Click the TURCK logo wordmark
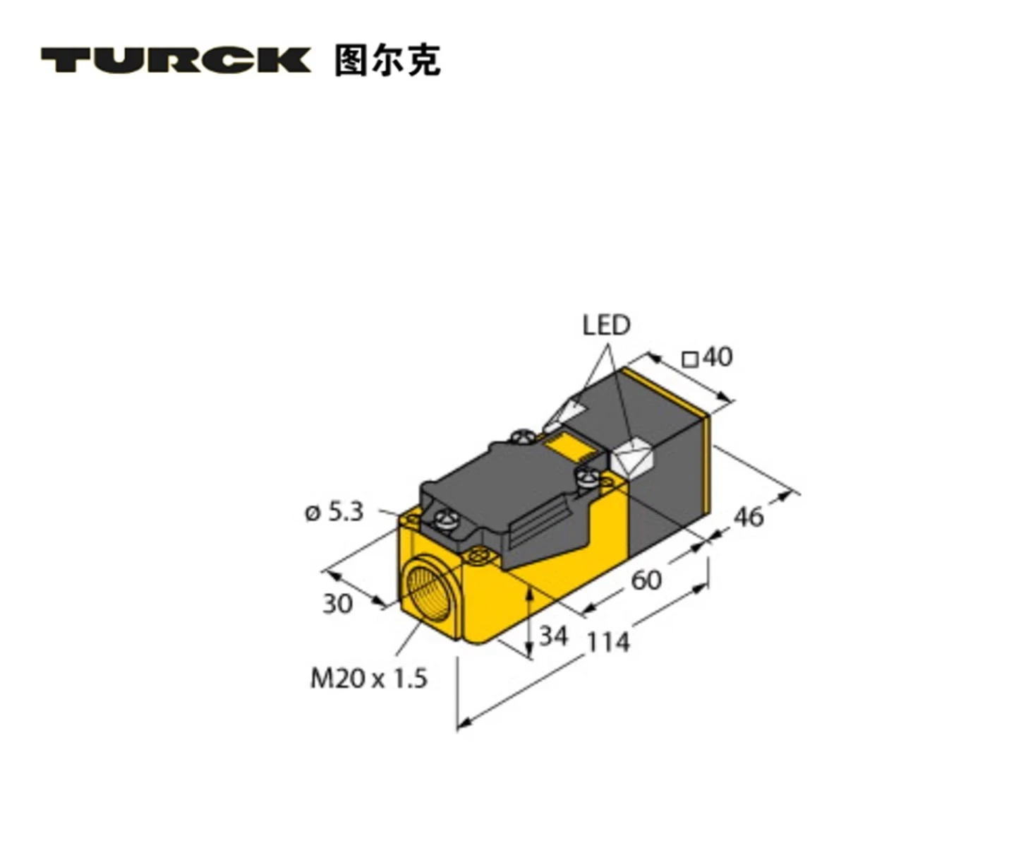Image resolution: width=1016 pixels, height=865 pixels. (175, 60)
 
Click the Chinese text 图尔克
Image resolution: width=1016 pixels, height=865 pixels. (387, 60)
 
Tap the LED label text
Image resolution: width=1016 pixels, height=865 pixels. (605, 326)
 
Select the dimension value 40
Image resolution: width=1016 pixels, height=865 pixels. (718, 357)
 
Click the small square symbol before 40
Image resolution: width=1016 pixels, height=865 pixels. (690, 359)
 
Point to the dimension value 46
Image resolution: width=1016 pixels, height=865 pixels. (749, 517)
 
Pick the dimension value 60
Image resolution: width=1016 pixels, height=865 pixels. (646, 580)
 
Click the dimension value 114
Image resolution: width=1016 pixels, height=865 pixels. (608, 642)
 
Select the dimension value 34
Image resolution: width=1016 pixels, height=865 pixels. (553, 636)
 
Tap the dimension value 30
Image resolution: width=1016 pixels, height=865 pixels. (337, 604)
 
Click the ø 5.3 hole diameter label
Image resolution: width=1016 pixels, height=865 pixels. (334, 511)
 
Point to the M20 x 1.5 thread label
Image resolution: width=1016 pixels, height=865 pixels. (369, 679)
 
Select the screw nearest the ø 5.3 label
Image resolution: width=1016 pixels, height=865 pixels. (445, 522)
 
